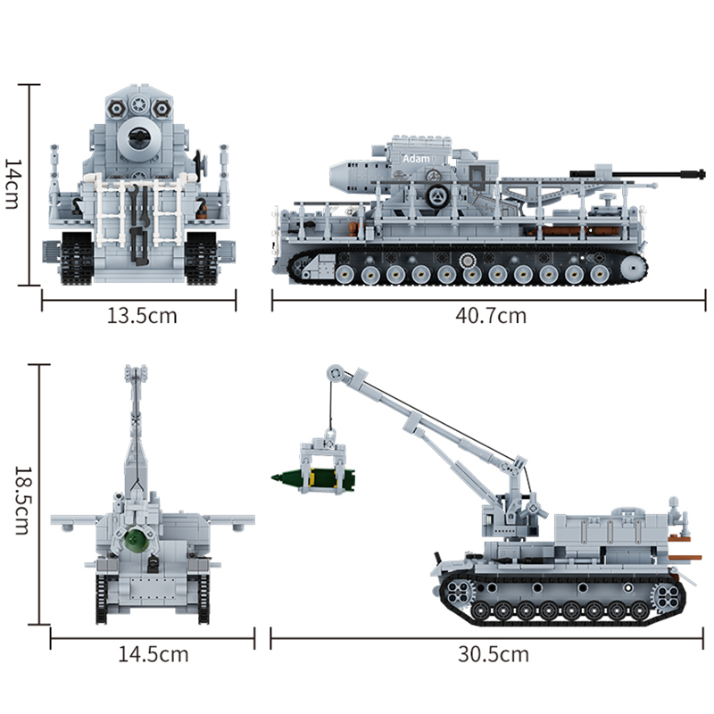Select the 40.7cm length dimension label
489,315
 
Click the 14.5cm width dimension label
154,654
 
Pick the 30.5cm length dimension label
494,654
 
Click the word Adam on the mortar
415,158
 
